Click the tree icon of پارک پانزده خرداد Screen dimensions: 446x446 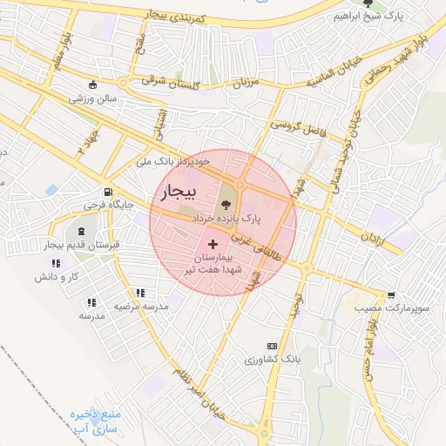(240, 203)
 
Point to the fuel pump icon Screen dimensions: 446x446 (106, 193)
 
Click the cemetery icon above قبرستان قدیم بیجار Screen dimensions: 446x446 (82, 232)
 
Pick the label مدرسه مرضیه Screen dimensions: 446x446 (140, 307)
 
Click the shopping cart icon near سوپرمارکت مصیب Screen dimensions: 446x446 (391, 295)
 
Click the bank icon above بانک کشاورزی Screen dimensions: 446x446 (271, 346)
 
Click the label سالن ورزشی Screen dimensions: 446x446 (93, 99)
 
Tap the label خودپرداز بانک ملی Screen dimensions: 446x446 (175, 162)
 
